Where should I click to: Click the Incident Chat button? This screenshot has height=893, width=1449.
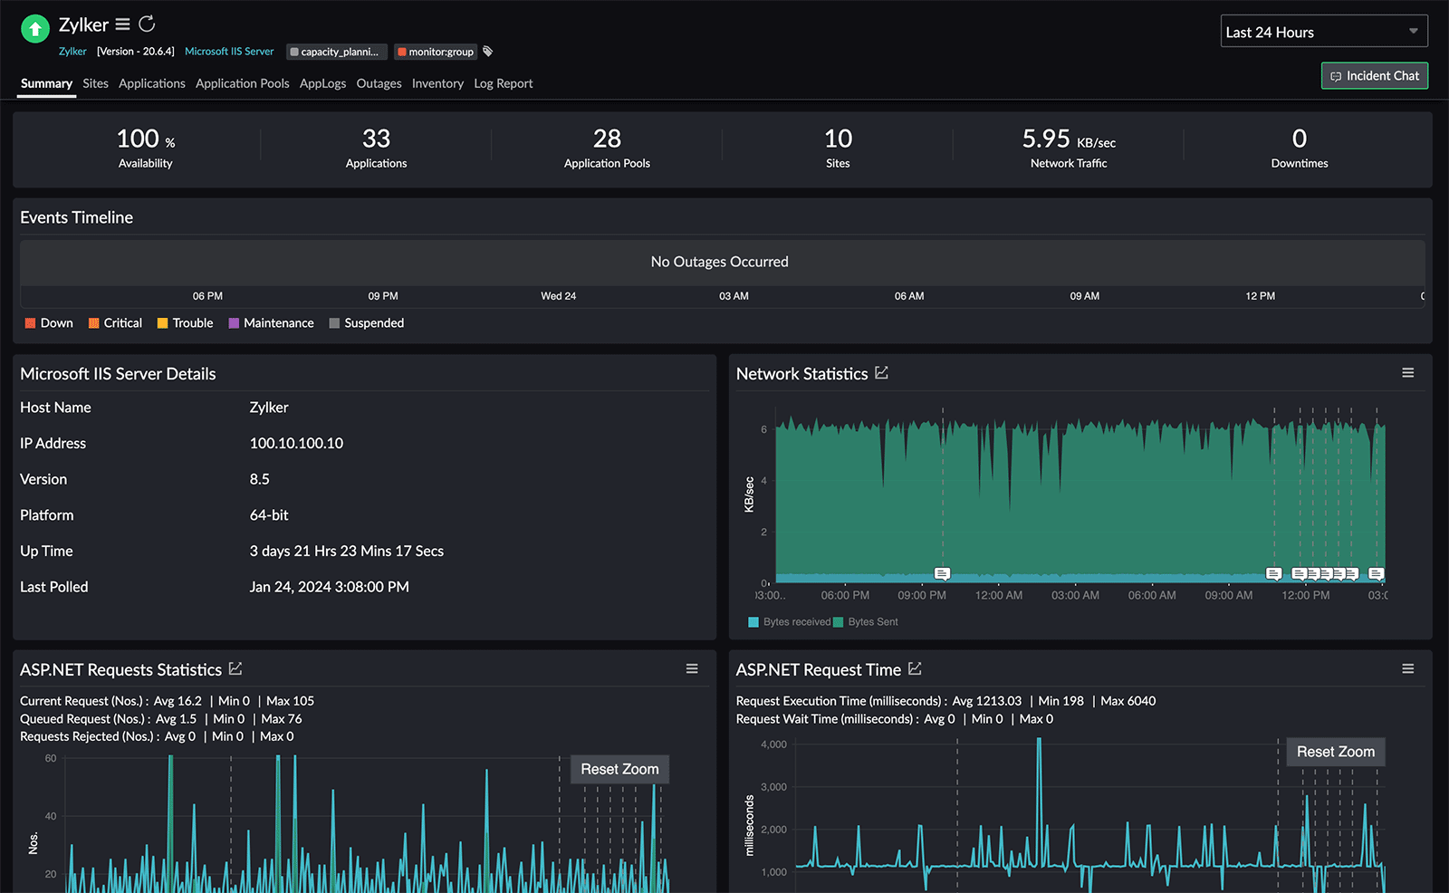click(x=1374, y=76)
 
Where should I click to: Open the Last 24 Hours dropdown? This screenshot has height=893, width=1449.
click(x=1323, y=32)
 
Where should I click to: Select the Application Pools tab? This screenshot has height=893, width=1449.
click(x=242, y=83)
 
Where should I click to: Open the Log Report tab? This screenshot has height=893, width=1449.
click(x=503, y=83)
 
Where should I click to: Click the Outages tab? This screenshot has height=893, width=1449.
click(x=379, y=83)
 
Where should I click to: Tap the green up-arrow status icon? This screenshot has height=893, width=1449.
click(x=34, y=29)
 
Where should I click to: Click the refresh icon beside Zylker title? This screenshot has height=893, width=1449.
click(x=147, y=24)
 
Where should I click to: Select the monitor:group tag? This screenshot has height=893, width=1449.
click(x=436, y=52)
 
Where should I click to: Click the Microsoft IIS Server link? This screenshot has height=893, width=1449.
click(x=229, y=52)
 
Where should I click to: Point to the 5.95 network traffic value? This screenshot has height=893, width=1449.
click(x=1046, y=139)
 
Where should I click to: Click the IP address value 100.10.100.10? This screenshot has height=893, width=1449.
click(x=296, y=443)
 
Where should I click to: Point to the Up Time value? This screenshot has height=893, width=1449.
click(x=346, y=551)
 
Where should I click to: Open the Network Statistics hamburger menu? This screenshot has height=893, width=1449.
click(x=1407, y=373)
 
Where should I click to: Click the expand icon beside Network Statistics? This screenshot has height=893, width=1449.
click(x=881, y=373)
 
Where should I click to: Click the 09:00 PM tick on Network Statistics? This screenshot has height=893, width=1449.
click(x=921, y=595)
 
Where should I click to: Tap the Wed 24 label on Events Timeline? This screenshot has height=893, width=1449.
click(x=558, y=296)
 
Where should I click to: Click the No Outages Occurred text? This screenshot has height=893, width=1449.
click(x=719, y=262)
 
